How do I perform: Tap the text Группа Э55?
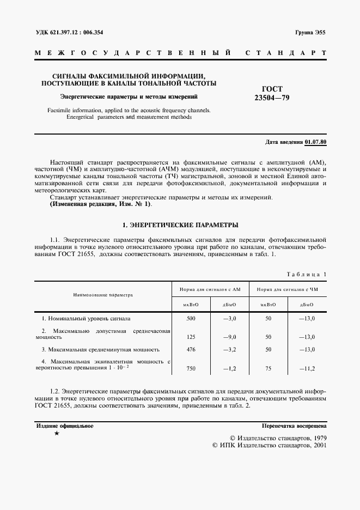tap(310, 32)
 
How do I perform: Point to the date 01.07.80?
tap(315, 142)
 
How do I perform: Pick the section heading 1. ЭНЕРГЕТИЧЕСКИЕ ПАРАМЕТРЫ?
tap(180, 224)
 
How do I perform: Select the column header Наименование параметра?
tap(103, 294)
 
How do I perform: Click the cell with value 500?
tap(191, 318)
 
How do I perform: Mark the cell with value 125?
tap(191, 337)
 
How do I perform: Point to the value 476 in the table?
tap(191, 349)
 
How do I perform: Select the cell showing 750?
tap(191, 368)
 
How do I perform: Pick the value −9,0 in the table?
tap(229, 337)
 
